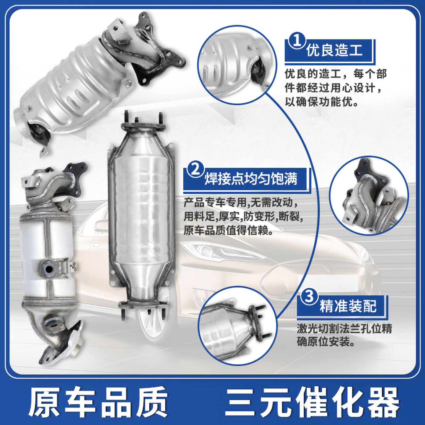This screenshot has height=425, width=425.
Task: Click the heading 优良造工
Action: [x=334, y=50]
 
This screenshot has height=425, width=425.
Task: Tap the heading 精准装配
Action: [x=348, y=306]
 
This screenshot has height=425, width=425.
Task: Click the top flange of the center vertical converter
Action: [x=143, y=126]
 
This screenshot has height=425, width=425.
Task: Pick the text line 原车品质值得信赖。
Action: [x=228, y=231]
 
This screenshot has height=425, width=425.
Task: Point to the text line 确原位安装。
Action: [x=326, y=342]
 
